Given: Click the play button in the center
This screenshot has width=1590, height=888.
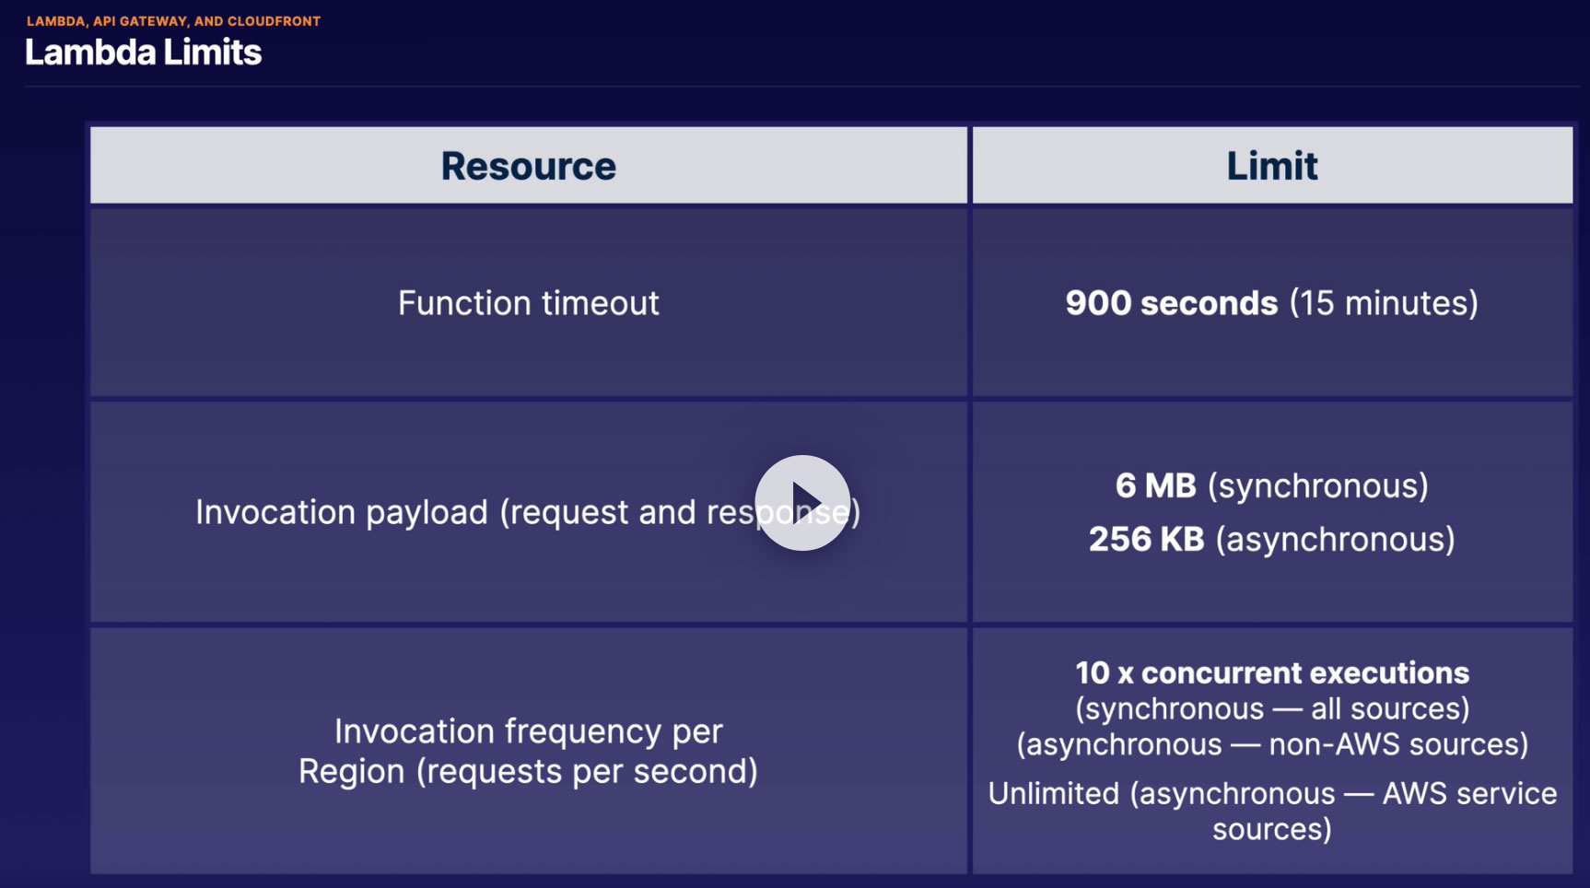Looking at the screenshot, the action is [802, 503].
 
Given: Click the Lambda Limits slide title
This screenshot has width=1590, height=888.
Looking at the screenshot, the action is [144, 53].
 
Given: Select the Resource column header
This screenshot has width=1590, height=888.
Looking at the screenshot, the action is [529, 166].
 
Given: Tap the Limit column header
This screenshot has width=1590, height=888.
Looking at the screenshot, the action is [1272, 166].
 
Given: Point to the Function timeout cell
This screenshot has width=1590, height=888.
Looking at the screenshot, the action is [529, 303].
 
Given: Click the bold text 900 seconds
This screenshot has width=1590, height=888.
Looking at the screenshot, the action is [1172, 303].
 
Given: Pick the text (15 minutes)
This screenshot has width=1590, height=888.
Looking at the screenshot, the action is [1384, 303].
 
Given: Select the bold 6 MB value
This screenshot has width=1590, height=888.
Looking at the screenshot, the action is [1156, 485].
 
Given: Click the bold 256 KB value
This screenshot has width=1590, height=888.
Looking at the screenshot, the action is [1147, 539].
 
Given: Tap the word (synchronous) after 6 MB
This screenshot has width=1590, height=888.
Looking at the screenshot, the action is [1318, 486].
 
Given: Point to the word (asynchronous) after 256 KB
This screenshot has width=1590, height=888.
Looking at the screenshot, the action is [1336, 540].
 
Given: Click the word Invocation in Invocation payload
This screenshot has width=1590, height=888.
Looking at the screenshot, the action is [275, 512].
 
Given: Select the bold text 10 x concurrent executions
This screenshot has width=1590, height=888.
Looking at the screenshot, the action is [1272, 672].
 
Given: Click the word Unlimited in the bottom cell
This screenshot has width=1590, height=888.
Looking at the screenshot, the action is [1054, 793].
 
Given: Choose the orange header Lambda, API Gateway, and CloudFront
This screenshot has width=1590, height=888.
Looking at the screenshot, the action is [174, 21].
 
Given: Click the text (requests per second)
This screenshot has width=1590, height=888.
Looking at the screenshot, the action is [587, 772].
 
